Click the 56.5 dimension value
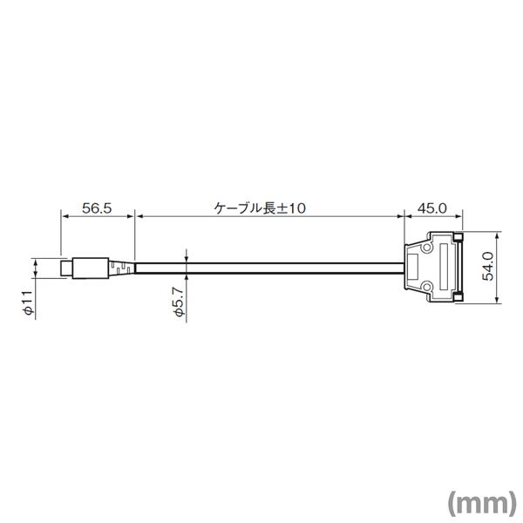98,208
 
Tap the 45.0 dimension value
431,208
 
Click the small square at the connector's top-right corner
458,238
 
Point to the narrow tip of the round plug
66,268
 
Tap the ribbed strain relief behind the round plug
123,268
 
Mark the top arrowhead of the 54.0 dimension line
496,236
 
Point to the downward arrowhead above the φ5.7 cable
187,259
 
